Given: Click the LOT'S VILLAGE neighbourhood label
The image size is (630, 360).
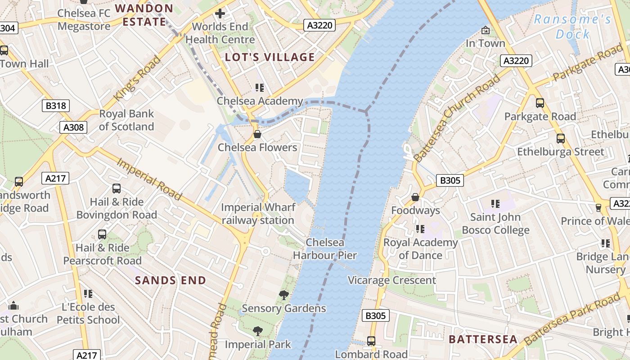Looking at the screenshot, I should click(x=270, y=57).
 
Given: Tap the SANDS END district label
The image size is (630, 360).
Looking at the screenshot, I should click(x=171, y=280).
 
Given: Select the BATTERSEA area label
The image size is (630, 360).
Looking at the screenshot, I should click(x=483, y=339).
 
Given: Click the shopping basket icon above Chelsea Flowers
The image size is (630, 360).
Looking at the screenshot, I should click(x=257, y=134).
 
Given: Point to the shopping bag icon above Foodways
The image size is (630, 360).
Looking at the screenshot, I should click(x=415, y=197).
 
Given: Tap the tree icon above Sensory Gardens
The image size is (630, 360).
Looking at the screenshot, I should click(x=283, y=295).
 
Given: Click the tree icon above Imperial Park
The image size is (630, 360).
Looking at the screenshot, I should click(x=257, y=332).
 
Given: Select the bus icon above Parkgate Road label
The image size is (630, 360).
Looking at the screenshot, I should click(x=540, y=103).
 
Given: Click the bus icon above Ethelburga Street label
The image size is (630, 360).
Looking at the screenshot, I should click(x=560, y=139).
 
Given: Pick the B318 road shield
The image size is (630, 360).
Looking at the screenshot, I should click(x=56, y=106).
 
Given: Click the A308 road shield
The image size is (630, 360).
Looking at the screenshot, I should click(x=73, y=127).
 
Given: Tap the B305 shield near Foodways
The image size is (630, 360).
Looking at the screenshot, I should click(x=450, y=180).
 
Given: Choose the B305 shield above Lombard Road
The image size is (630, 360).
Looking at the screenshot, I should click(x=375, y=316).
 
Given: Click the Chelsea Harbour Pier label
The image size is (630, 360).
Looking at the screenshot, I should click(x=325, y=249).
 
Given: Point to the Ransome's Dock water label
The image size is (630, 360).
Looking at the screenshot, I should click(x=572, y=27).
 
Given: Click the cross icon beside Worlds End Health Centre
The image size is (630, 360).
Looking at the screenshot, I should click(x=220, y=13).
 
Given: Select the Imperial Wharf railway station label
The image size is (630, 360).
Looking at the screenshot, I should click(x=258, y=214).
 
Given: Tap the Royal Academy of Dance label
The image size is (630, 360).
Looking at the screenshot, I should click(x=420, y=249).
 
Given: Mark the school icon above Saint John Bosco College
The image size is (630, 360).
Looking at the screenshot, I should click(x=495, y=204).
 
